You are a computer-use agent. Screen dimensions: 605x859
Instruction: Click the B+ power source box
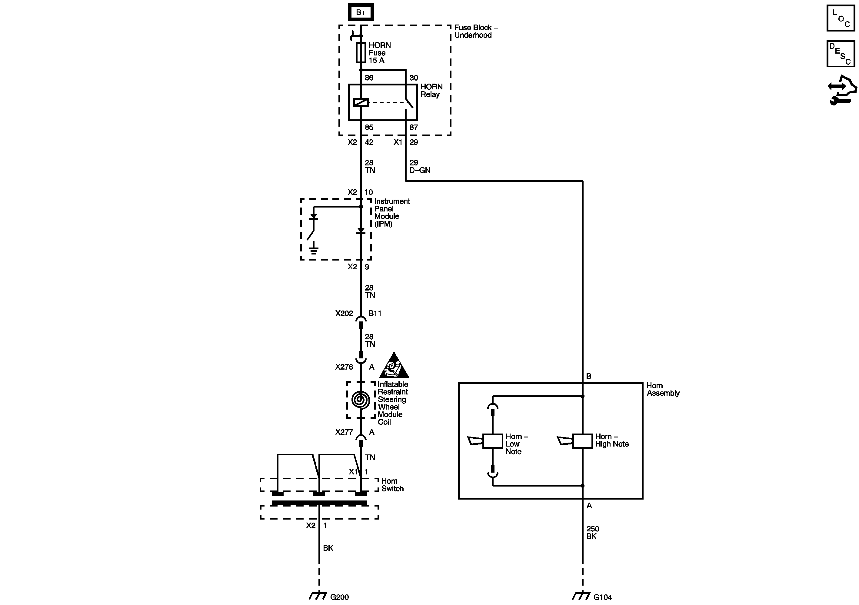click(361, 12)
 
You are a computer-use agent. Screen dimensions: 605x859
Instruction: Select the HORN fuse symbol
click(361, 52)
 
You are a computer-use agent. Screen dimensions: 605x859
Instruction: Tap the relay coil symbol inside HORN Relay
click(361, 102)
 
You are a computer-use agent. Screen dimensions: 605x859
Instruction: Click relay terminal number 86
click(369, 78)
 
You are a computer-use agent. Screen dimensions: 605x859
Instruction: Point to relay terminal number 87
click(413, 127)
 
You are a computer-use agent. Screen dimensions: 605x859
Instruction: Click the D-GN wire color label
click(420, 170)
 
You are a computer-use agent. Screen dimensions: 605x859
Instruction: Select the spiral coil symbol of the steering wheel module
click(361, 400)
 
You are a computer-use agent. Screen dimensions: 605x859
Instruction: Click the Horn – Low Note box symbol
click(492, 441)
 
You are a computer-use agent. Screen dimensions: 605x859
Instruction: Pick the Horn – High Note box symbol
click(583, 441)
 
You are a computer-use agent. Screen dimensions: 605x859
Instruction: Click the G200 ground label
click(339, 597)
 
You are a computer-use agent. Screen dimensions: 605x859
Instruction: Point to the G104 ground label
click(603, 597)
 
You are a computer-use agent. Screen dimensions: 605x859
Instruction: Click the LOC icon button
click(841, 18)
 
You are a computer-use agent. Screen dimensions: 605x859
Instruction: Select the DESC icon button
click(841, 54)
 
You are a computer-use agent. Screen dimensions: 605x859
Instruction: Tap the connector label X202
click(344, 314)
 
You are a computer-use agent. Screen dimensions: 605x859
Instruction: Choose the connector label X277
click(344, 432)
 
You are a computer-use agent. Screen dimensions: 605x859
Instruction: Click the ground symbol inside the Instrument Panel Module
click(314, 249)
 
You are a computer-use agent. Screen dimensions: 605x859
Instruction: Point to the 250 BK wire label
click(593, 532)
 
